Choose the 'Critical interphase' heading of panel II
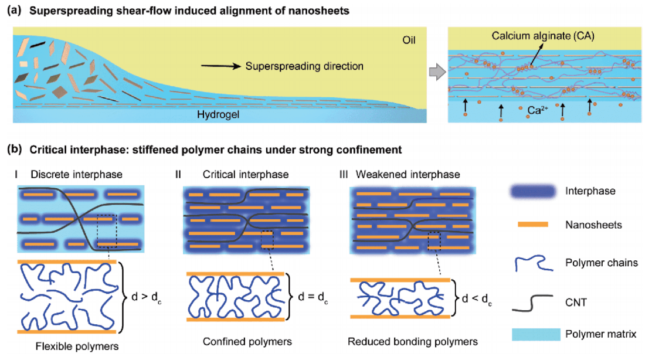(245, 175)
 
